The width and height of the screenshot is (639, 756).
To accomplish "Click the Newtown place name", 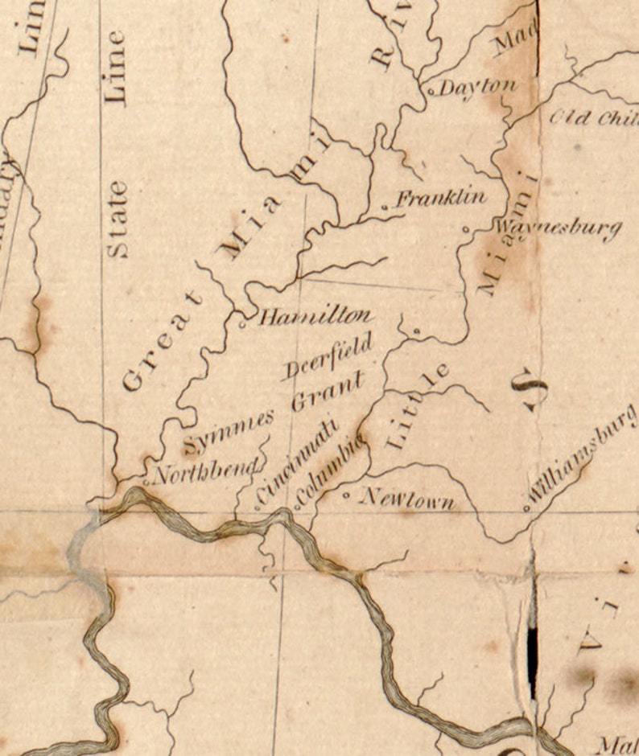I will coord(406,499).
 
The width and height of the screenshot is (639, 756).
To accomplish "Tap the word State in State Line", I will coord(117,219).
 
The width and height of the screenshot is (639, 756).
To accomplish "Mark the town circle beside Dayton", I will coord(431,92).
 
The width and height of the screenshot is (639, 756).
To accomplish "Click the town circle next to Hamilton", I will coord(244,324).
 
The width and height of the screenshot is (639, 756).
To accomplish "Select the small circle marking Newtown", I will coord(347,496).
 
